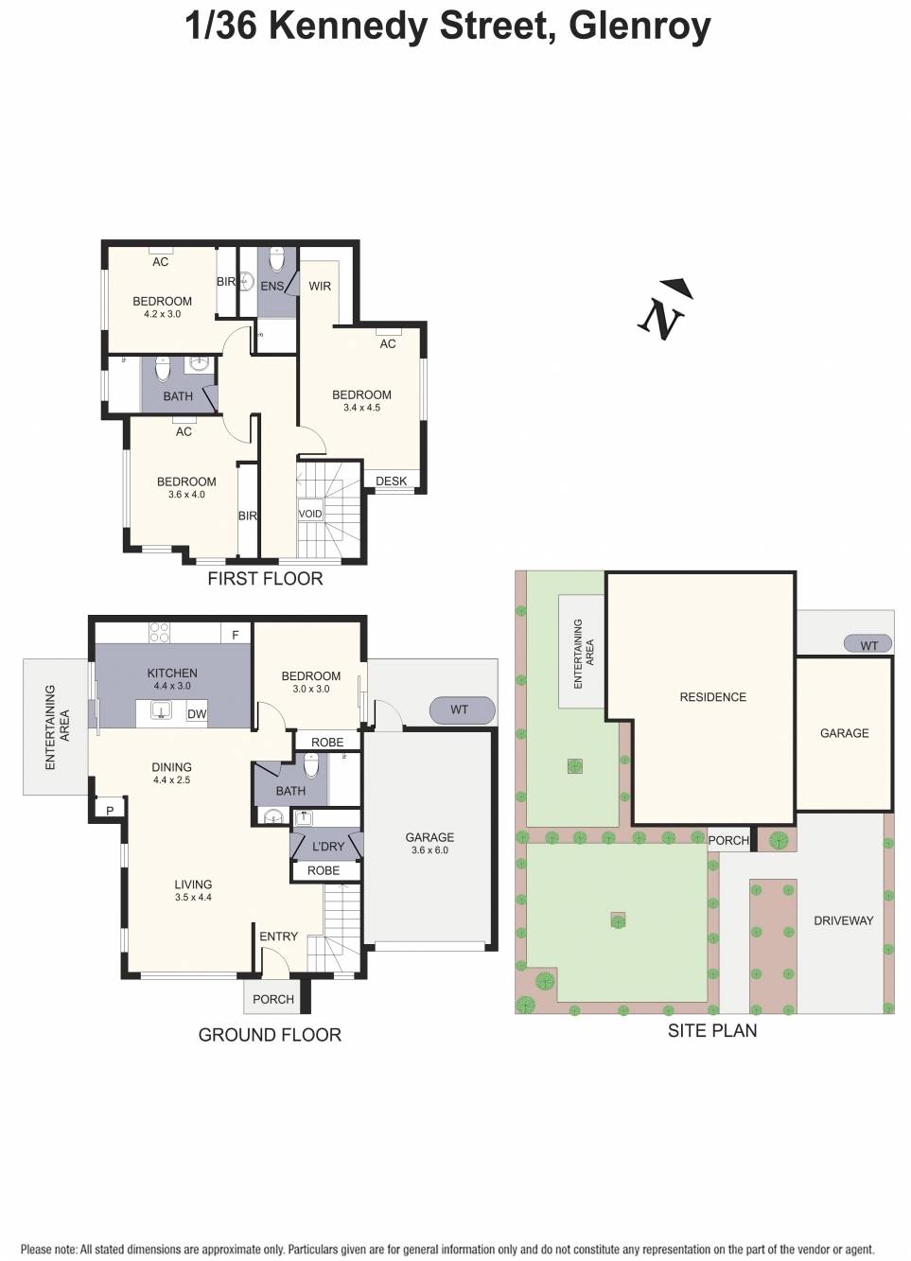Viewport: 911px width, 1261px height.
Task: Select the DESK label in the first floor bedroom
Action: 391,482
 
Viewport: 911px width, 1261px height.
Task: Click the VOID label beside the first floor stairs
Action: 310,514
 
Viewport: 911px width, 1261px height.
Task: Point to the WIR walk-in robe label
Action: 320,286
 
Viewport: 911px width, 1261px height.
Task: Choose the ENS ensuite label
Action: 272,286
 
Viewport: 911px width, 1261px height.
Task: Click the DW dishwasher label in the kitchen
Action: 197,714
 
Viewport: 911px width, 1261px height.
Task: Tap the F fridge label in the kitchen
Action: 236,635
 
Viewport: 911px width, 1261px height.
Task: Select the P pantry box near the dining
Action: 110,811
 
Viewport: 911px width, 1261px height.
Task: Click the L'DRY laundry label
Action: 328,847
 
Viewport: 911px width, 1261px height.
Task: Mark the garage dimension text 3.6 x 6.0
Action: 429,850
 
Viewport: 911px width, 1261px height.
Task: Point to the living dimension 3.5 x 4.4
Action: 193,898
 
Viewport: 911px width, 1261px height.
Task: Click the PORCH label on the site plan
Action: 728,840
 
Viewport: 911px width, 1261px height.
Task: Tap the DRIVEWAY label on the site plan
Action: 843,920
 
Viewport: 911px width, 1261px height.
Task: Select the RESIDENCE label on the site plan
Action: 712,697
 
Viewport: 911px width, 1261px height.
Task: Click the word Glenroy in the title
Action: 639,26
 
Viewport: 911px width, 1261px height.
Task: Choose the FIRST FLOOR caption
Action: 265,579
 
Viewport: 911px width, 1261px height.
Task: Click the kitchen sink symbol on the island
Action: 161,710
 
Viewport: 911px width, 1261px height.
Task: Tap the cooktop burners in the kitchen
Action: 159,633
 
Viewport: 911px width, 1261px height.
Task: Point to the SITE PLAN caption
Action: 711,1031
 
